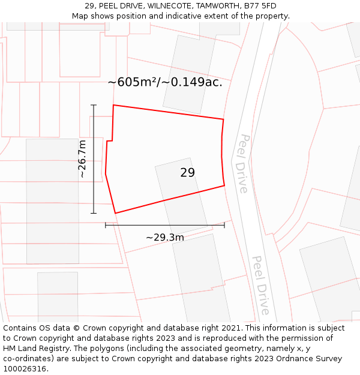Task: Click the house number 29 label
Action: (187, 173)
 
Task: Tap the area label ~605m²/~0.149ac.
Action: (165, 82)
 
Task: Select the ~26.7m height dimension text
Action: (82, 159)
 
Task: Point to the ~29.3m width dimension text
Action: (165, 237)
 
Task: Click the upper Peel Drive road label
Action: (242, 163)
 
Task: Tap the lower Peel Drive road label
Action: (260, 285)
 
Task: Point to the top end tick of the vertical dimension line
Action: (94, 105)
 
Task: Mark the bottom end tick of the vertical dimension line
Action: (94, 213)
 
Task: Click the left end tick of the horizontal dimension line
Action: (106, 225)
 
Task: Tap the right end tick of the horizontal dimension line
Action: (224, 225)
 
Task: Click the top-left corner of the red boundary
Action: (113, 105)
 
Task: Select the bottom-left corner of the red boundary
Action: (115, 213)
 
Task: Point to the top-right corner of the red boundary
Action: (223, 119)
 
